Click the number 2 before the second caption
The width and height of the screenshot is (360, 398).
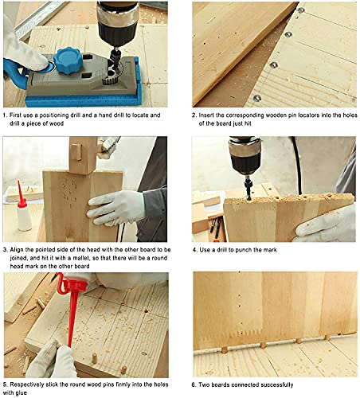pos(195,115)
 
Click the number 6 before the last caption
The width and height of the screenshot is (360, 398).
pos(195,384)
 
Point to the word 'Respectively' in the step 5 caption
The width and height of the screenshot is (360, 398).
pos(32,383)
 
